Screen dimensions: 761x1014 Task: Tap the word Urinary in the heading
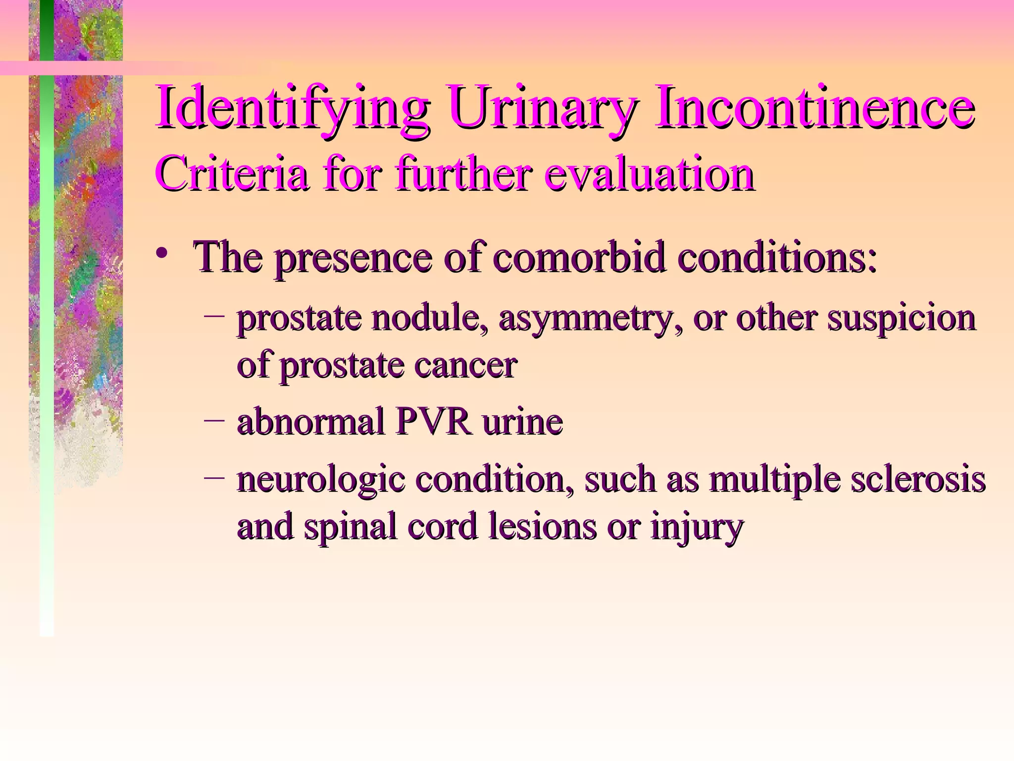tap(541, 108)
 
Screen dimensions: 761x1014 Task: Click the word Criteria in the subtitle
tap(231, 174)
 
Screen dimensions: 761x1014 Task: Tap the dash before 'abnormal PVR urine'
tap(214, 419)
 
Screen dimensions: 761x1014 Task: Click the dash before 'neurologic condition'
tap(214, 477)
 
